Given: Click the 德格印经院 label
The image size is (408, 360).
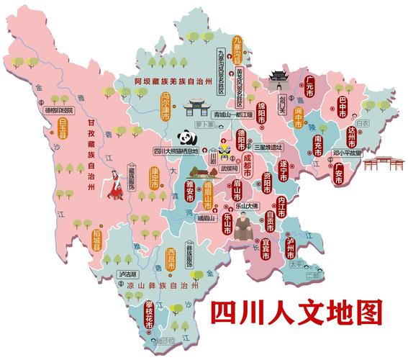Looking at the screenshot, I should pos(59,110).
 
